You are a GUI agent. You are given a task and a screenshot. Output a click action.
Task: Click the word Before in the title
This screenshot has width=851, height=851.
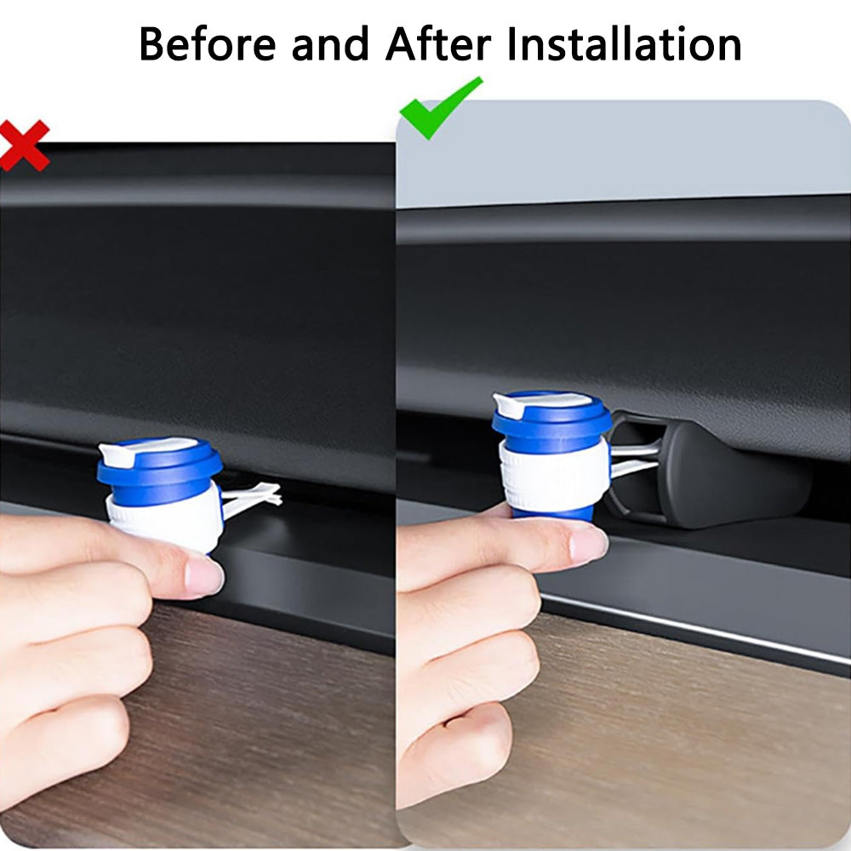tap(207, 43)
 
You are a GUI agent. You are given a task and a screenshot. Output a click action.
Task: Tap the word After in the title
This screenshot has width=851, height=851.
tap(439, 43)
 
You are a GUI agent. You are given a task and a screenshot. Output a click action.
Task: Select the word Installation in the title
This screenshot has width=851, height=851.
tap(623, 43)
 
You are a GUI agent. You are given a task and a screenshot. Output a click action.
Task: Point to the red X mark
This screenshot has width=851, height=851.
tap(25, 146)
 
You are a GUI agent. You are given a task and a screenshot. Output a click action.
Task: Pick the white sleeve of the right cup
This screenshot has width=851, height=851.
tap(553, 477)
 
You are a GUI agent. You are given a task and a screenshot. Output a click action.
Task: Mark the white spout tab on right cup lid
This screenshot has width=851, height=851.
tap(508, 405)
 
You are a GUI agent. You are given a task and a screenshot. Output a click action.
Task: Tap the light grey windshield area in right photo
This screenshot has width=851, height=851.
tap(621, 153)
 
